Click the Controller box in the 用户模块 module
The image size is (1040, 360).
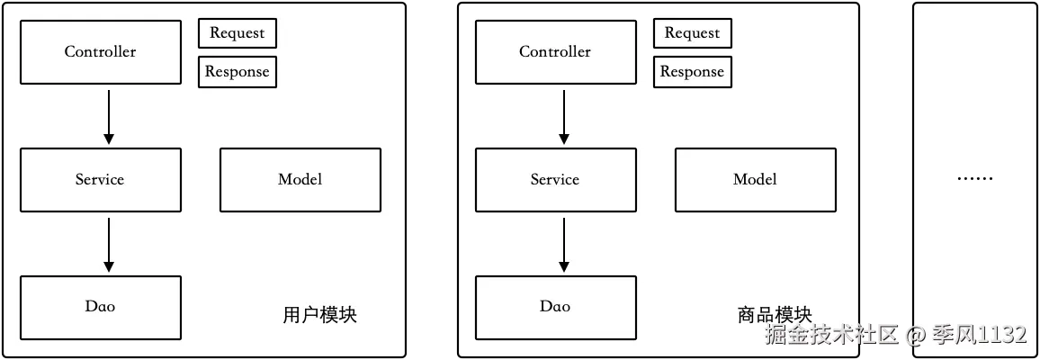coord(100,52)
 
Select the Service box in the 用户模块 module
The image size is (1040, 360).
coord(100,180)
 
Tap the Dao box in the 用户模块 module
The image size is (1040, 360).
coord(100,307)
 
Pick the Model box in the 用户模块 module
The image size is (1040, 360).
coord(300,180)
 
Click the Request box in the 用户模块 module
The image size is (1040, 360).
coord(237,33)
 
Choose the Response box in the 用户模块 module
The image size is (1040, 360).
coord(237,72)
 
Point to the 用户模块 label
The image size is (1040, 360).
coord(319,316)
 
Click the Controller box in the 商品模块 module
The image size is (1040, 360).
coord(555,52)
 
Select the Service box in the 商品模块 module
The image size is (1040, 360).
coord(555,180)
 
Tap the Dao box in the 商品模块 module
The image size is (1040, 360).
coord(555,307)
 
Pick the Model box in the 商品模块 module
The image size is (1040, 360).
coord(755,180)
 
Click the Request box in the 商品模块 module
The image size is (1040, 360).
coord(692,33)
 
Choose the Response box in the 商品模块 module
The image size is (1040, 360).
coord(692,72)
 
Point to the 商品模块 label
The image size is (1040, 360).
coord(775,316)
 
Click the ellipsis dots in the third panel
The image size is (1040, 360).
coord(974,180)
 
